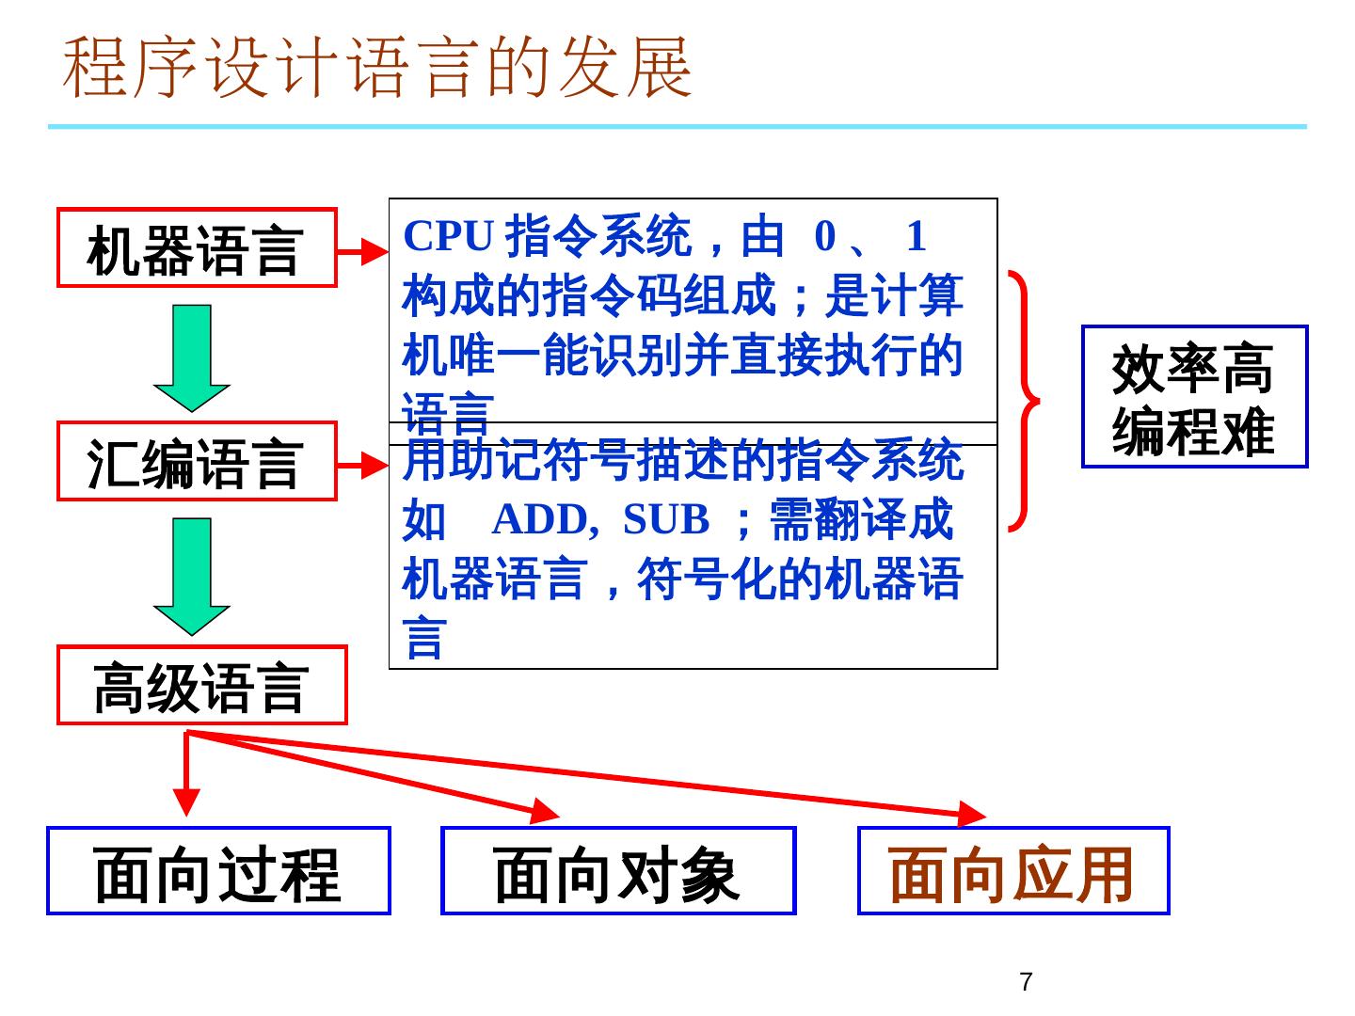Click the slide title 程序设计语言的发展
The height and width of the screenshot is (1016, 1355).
tap(377, 68)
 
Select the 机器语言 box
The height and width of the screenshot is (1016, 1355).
tap(197, 248)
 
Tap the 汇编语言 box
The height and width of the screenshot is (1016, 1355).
tap(197, 462)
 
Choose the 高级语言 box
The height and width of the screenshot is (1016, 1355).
tap(201, 686)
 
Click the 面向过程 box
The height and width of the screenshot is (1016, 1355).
tap(218, 871)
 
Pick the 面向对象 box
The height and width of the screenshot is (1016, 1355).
tap(618, 871)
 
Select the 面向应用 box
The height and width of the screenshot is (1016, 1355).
tap(1012, 871)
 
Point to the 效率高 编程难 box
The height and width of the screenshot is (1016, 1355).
tap(1194, 396)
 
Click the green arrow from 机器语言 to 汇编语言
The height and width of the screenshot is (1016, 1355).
tap(192, 358)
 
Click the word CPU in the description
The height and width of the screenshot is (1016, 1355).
tap(449, 236)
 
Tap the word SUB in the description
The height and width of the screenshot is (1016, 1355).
tap(666, 519)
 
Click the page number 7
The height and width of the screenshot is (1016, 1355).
tap(1026, 982)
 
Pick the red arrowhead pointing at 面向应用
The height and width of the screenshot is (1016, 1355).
tap(971, 814)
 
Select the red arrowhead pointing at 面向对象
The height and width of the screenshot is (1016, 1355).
tap(545, 811)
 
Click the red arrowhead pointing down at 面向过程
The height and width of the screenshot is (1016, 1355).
tap(187, 802)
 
